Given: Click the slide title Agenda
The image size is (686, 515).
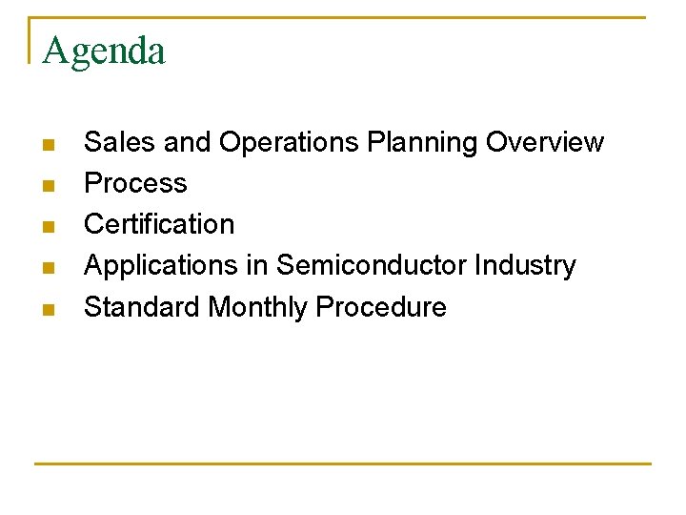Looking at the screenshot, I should coord(104,51).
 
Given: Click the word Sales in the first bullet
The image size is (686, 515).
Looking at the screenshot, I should coord(120,142).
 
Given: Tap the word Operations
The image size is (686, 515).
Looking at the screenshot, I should coord(289,142).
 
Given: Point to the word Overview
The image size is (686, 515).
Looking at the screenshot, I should coord(544,142).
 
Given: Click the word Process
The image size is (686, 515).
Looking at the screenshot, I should coord(135,183).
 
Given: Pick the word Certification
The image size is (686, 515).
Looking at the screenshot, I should coord(159,224).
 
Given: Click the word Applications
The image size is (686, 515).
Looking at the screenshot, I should coord(161,266).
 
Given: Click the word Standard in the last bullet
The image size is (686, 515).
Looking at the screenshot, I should coord(142,307).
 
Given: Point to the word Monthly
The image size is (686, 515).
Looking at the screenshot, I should coord(258,308).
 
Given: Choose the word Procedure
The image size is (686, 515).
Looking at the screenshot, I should coord(381,307).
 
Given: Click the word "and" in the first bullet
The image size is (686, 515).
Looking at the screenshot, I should coord(187,142).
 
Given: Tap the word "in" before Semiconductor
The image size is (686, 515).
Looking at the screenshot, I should coord(256,265).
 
